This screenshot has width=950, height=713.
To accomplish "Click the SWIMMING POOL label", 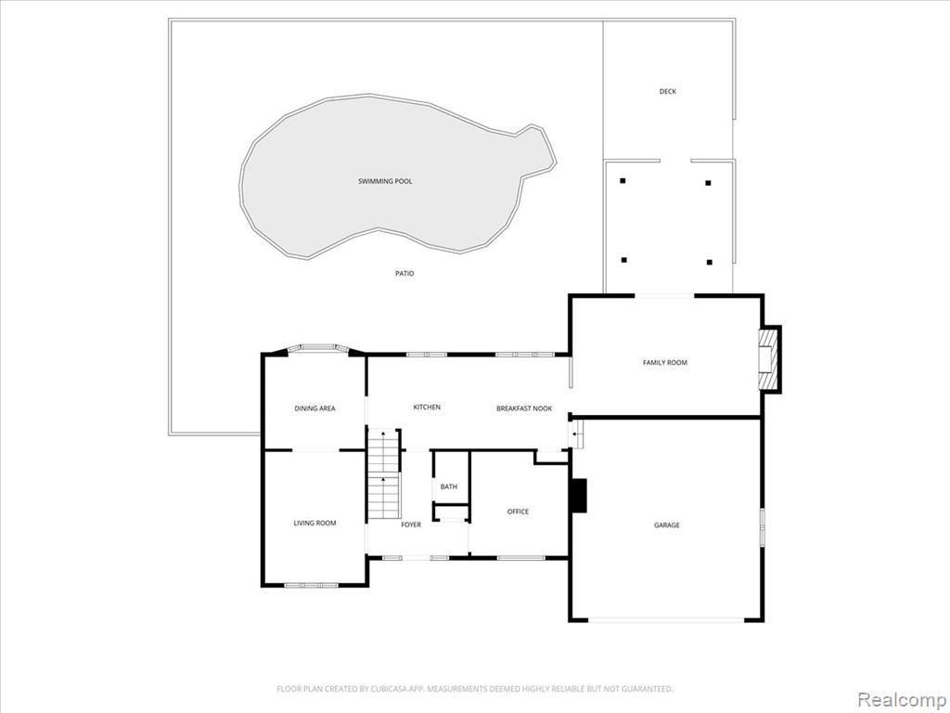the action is pos(385,181).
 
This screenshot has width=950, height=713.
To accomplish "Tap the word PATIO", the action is pos(404,274).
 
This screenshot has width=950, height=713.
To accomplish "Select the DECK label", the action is pos(668,92).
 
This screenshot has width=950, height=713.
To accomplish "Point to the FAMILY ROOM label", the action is pos(665,363).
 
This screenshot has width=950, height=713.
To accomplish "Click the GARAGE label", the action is pos(666,525).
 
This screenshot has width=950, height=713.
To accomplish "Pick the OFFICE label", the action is pos(518,512).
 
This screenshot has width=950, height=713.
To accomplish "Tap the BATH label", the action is pos(449,486).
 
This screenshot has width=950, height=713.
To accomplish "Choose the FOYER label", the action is pos(411,525).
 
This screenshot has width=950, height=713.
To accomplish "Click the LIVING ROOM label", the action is pos(315,524).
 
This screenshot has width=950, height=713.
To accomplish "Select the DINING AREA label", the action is pos(315,408).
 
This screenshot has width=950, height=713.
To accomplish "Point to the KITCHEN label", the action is pos(427,408).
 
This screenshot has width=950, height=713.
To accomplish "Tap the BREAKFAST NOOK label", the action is pos(525,408).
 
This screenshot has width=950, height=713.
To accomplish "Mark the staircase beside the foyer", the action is pos(384,473).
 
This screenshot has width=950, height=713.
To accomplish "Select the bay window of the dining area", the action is pos(319,348).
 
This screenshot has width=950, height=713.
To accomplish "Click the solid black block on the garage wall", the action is pos(580,496).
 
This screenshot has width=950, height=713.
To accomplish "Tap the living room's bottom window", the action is pos(312,586).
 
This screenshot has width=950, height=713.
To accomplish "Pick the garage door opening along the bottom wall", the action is pos(666,619).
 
